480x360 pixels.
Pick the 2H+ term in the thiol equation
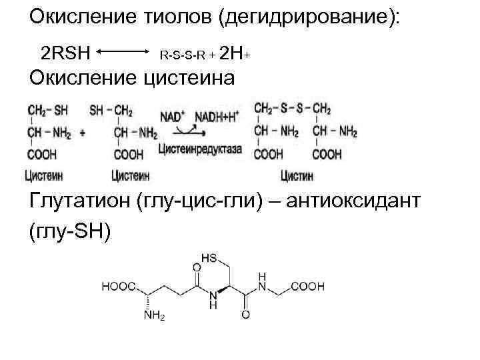[x=235, y=53]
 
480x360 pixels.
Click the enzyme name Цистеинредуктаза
[x=200, y=149]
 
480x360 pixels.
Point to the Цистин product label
[x=297, y=176]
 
